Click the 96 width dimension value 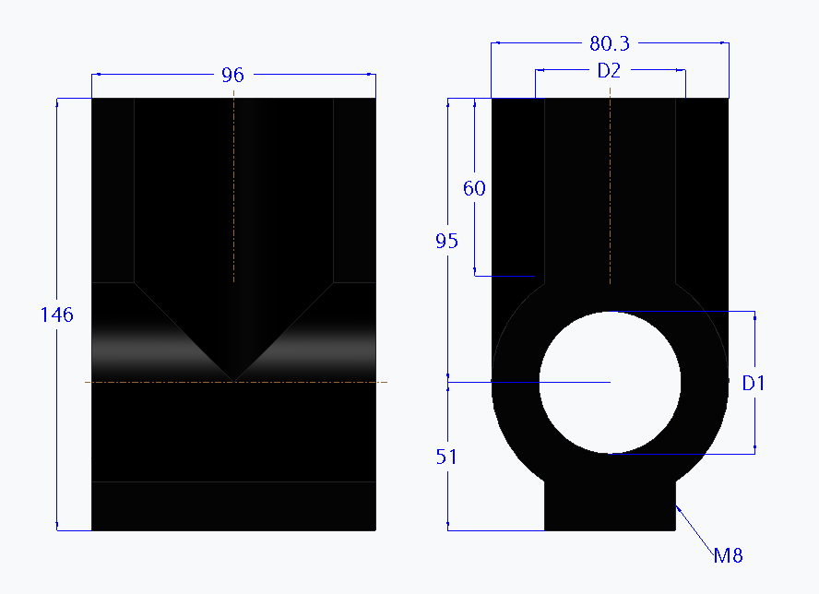click(x=232, y=75)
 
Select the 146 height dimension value click(x=56, y=315)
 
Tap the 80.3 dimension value click(x=609, y=43)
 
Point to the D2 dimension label click(x=609, y=70)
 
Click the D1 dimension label click(x=754, y=383)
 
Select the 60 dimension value click(x=474, y=188)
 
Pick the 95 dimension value click(x=447, y=241)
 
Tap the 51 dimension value click(x=447, y=457)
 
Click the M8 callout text click(x=728, y=555)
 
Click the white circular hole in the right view click(x=610, y=382)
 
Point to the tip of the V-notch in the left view click(x=234, y=378)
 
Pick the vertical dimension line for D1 click(x=755, y=424)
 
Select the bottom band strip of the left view click(x=233, y=505)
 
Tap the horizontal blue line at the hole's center click(x=516, y=382)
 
